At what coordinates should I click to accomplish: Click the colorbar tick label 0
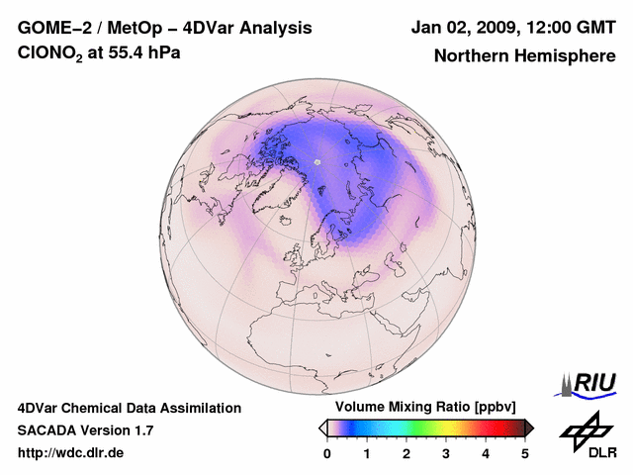(x=327, y=453)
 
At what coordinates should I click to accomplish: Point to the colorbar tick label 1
(x=367, y=453)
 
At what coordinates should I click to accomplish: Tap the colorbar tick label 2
(x=407, y=453)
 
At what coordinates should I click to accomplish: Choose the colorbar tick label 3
(x=446, y=453)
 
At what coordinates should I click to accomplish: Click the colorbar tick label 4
(x=486, y=453)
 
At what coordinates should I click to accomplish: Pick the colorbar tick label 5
(x=525, y=453)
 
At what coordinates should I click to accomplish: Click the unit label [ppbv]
(x=496, y=408)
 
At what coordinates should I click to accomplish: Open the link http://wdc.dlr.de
(x=71, y=453)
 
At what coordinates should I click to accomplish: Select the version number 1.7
(x=141, y=430)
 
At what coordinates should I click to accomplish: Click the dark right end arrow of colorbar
(x=529, y=427)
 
